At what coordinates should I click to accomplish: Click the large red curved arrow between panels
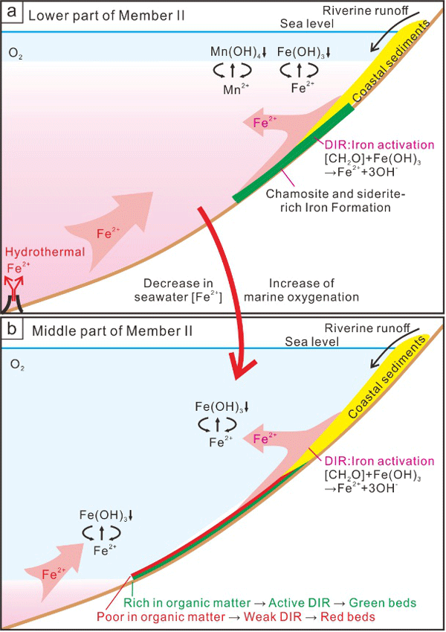pyautogui.click(x=223, y=298)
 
